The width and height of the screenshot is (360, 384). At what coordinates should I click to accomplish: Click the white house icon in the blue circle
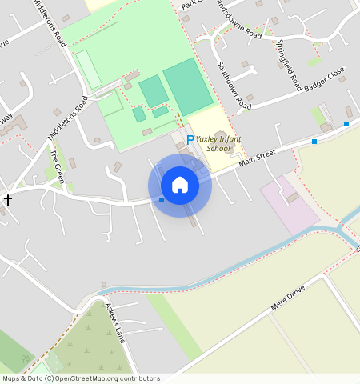tap(180, 185)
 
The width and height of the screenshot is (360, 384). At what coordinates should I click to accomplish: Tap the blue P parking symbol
tap(190, 139)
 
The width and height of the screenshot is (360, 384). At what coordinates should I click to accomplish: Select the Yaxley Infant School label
tap(218, 142)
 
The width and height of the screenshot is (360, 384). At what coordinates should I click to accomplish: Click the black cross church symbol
tap(8, 199)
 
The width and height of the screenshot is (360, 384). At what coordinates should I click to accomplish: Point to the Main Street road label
tap(257, 158)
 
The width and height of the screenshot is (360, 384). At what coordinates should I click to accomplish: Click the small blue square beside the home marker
tap(162, 200)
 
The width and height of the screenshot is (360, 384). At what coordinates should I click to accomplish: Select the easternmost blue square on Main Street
tap(346, 123)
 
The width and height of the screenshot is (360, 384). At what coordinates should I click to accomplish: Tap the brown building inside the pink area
tap(293, 197)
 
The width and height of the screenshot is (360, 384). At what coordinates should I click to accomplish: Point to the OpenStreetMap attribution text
tap(81, 378)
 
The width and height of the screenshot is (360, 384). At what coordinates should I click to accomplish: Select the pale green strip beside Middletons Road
tap(88, 70)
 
